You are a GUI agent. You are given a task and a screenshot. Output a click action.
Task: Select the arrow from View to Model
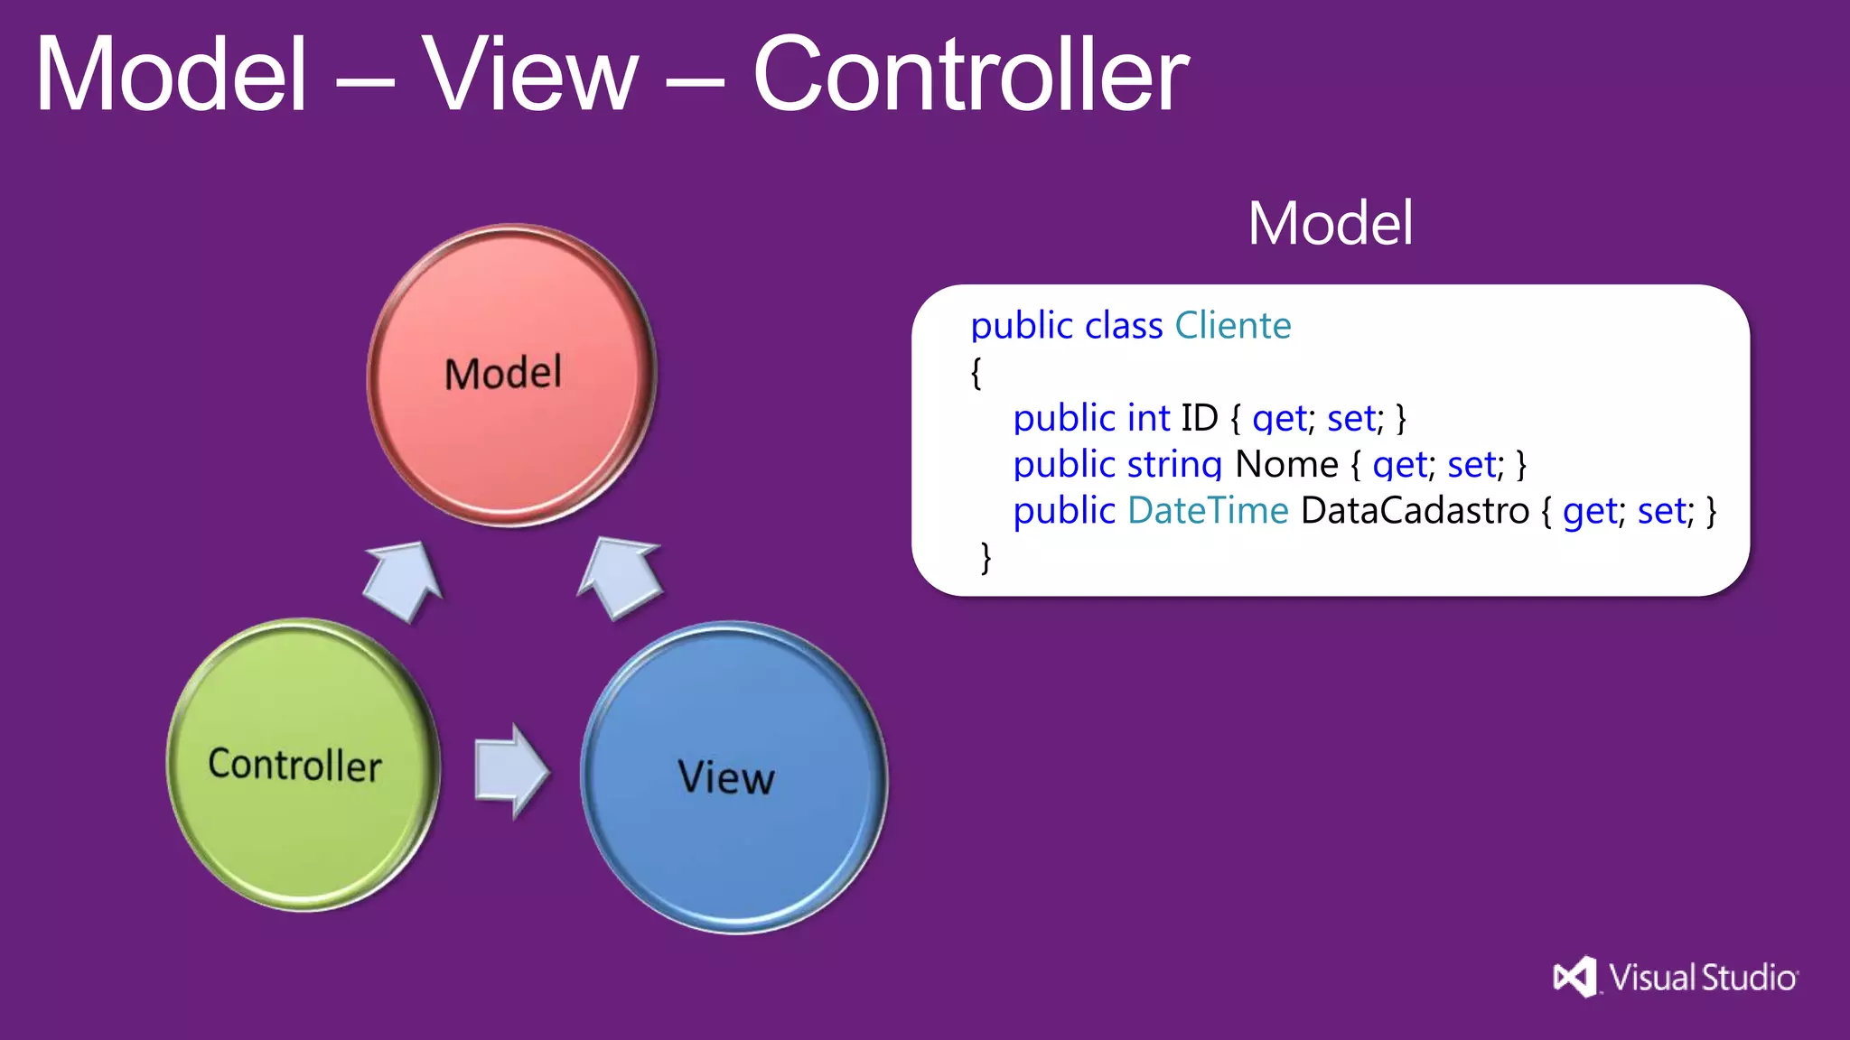click(621, 576)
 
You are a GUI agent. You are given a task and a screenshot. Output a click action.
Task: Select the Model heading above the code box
click(1330, 223)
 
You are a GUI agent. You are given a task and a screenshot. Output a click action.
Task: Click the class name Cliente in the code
click(1232, 325)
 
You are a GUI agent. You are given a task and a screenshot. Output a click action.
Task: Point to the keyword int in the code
click(1148, 418)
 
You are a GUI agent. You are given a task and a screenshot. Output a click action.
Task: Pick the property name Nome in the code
click(1286, 464)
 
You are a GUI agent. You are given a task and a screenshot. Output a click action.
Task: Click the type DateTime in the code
click(1208, 511)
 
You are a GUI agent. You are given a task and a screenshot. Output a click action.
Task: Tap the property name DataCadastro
click(1415, 511)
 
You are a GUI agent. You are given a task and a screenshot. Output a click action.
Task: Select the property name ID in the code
click(1200, 418)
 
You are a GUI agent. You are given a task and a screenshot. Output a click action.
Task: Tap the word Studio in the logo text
click(1749, 978)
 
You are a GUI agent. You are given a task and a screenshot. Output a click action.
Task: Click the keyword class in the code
click(1124, 325)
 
